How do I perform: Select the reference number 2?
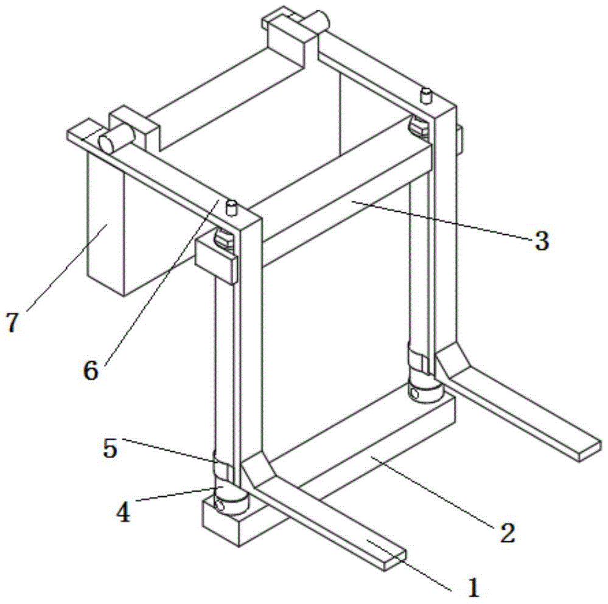tap(507, 533)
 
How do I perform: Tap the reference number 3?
tap(541, 241)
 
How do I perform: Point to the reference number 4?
tap(124, 513)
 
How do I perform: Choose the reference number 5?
tap(110, 449)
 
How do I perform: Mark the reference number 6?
tap(91, 370)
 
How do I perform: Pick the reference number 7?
tap(12, 322)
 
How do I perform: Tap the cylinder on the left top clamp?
tap(116, 139)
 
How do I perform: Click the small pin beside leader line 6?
tap(231, 207)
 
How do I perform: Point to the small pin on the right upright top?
tap(426, 95)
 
